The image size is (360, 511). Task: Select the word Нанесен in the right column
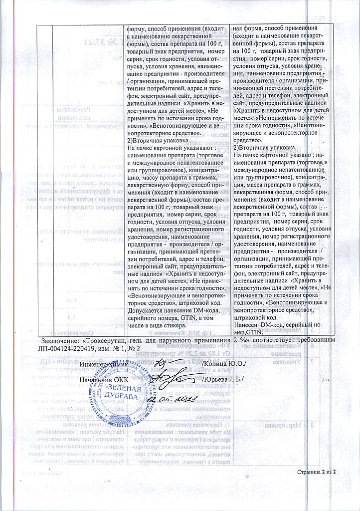(x=246, y=325)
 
